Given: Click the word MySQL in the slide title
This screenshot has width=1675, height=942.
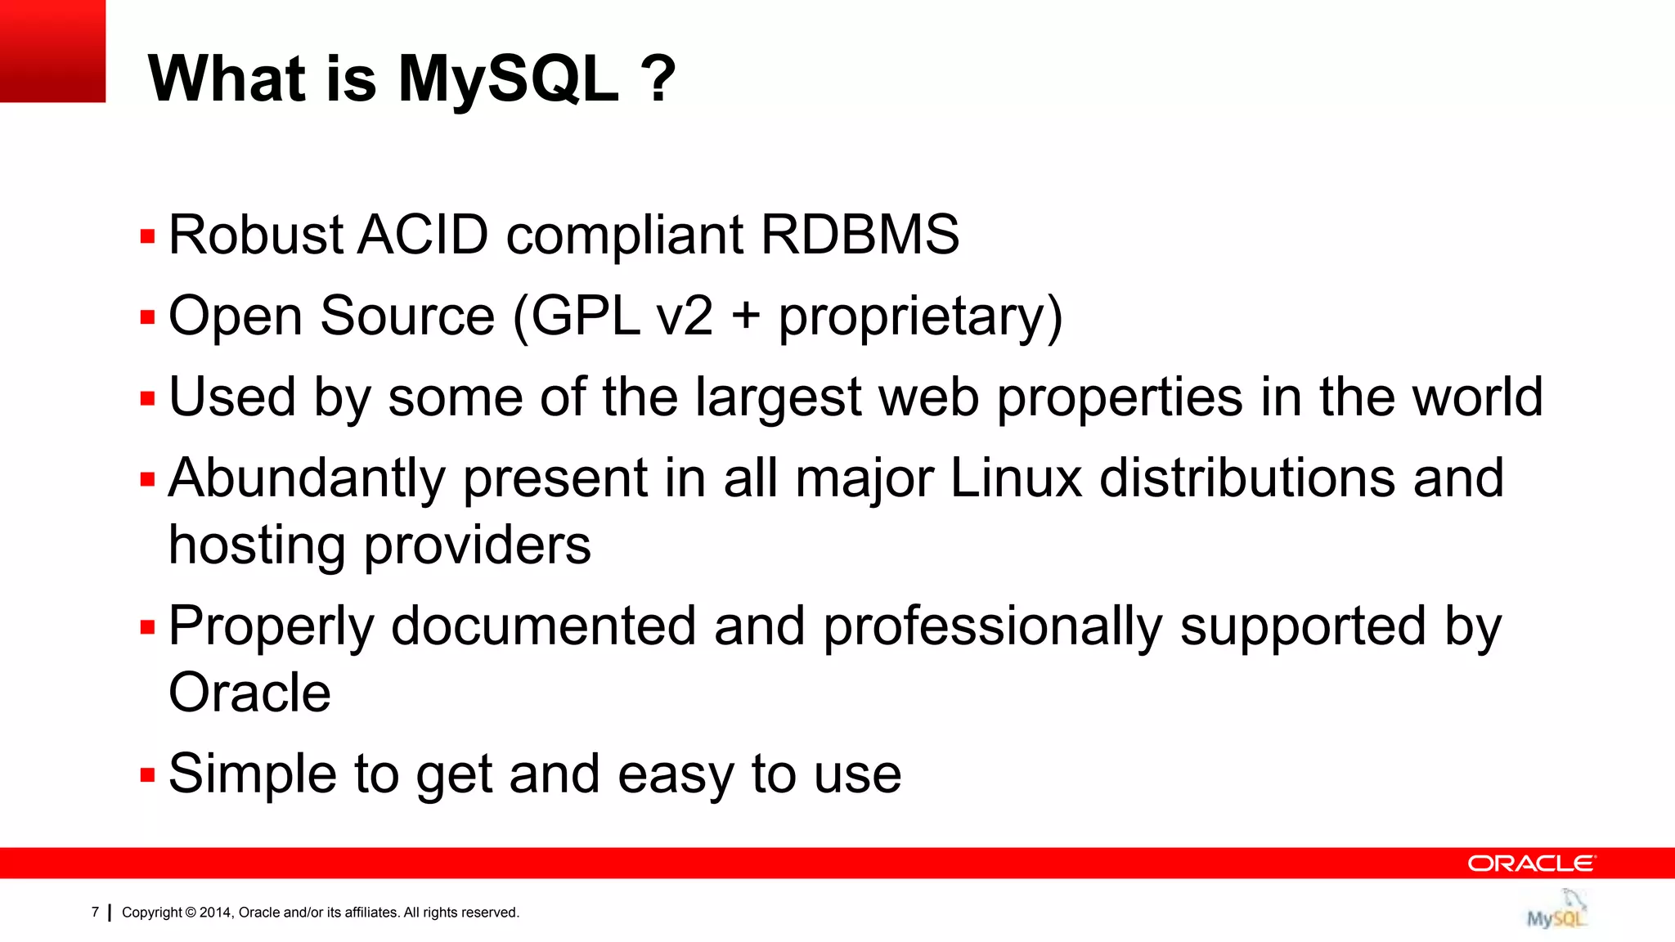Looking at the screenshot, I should [x=508, y=79].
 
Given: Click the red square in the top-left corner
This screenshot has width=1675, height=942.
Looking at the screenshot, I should [x=52, y=51].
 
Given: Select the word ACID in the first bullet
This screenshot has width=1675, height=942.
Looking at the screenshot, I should [x=423, y=235].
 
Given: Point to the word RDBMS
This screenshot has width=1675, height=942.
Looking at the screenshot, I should [x=860, y=235].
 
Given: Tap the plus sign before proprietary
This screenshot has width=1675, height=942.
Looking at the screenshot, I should [x=745, y=317].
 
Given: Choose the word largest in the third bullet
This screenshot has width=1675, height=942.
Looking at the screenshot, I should [x=778, y=398].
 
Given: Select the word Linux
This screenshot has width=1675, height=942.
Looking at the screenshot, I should [x=1016, y=478].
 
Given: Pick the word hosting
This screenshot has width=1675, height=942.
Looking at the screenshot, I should [x=257, y=546].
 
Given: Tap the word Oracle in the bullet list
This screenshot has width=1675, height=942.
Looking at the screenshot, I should [x=249, y=693].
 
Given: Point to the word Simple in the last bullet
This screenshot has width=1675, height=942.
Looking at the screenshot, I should [x=252, y=774].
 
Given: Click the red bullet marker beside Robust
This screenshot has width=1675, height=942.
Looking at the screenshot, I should [x=147, y=237].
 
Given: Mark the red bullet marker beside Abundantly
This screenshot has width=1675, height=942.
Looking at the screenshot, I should [x=147, y=479].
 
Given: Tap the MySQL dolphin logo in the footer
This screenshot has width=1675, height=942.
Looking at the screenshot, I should [x=1557, y=909].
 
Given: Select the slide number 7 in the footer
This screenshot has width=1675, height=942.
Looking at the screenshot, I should [x=95, y=912].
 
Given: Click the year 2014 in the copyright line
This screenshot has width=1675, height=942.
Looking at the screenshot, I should [x=216, y=913].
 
